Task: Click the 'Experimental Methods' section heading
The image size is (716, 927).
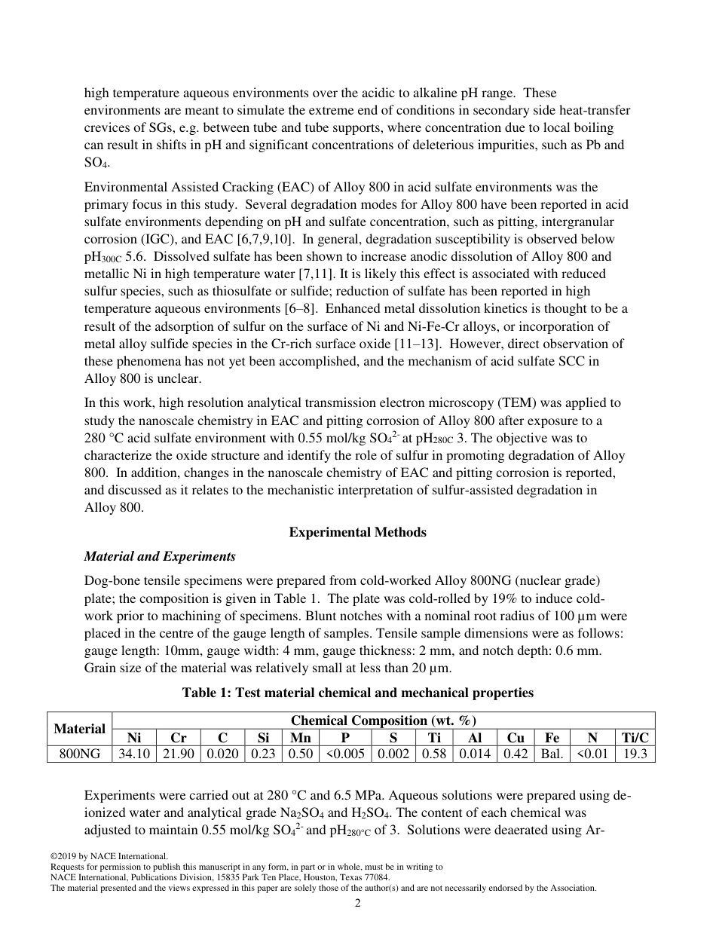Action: coord(357,532)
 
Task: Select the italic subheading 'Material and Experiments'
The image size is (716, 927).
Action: coord(160,556)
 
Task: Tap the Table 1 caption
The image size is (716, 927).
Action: coord(357,693)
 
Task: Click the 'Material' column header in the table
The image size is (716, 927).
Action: coord(79,728)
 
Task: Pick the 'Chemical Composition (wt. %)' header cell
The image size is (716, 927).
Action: coord(383,720)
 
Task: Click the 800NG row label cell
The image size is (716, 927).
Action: coord(79,754)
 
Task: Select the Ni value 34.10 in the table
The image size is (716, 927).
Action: coord(133,754)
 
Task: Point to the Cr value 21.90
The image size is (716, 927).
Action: coord(177,754)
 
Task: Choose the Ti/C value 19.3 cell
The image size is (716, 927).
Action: coord(635,754)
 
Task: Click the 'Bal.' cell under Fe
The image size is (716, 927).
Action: coord(552,754)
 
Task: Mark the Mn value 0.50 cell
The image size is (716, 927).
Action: coord(300,754)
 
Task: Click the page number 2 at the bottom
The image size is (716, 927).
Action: coord(358,904)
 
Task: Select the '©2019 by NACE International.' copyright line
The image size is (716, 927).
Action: coord(109,856)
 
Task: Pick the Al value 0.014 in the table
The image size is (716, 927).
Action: coord(474,754)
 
